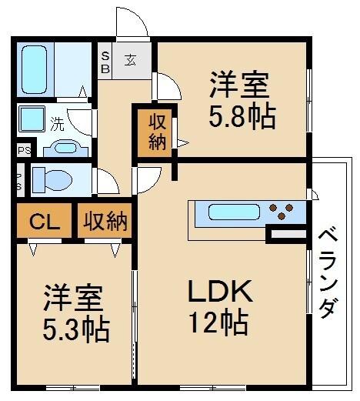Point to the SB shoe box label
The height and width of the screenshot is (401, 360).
pyautogui.click(x=105, y=62)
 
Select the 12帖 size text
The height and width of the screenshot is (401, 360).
pyautogui.click(x=218, y=321)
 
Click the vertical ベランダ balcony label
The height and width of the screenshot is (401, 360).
pyautogui.click(x=327, y=272)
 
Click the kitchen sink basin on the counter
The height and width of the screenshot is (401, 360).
pyautogui.click(x=231, y=212)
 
